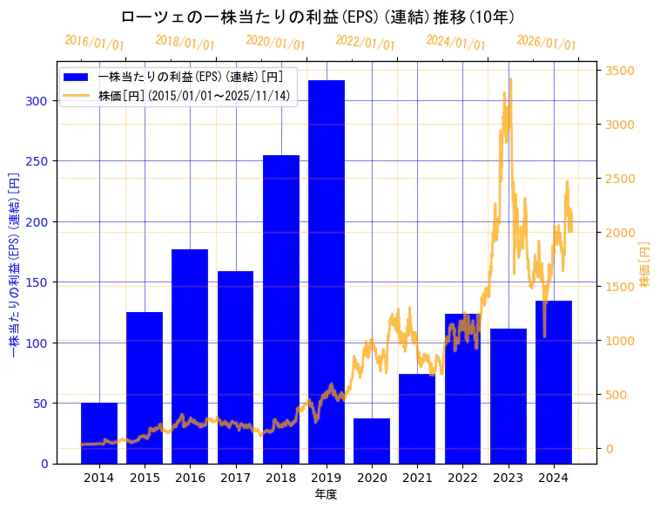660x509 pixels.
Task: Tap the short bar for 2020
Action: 372,441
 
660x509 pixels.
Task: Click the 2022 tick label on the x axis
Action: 462,478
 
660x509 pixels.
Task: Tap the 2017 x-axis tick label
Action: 235,478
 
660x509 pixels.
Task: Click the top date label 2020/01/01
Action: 275,42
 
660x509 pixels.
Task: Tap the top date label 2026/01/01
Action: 546,42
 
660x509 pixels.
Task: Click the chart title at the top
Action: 317,17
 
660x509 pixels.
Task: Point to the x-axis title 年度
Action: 326,494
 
